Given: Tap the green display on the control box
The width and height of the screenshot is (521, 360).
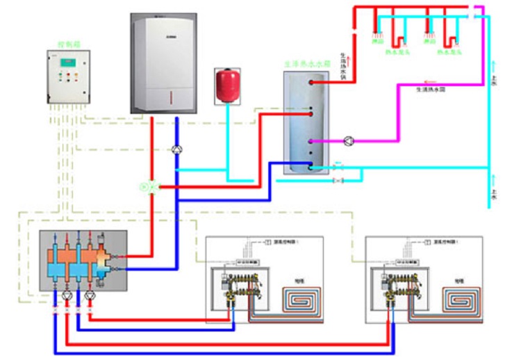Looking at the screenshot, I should click(67, 62).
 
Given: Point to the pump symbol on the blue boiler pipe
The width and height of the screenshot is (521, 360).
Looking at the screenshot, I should click(176, 149).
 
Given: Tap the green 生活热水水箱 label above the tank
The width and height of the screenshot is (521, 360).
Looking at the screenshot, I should click(305, 63).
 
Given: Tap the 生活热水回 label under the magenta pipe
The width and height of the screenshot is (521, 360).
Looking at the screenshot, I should click(428, 90).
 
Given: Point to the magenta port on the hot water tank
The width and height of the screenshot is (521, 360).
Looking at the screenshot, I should click(312, 141).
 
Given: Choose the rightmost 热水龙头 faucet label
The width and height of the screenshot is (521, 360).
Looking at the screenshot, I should click(447, 52).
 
